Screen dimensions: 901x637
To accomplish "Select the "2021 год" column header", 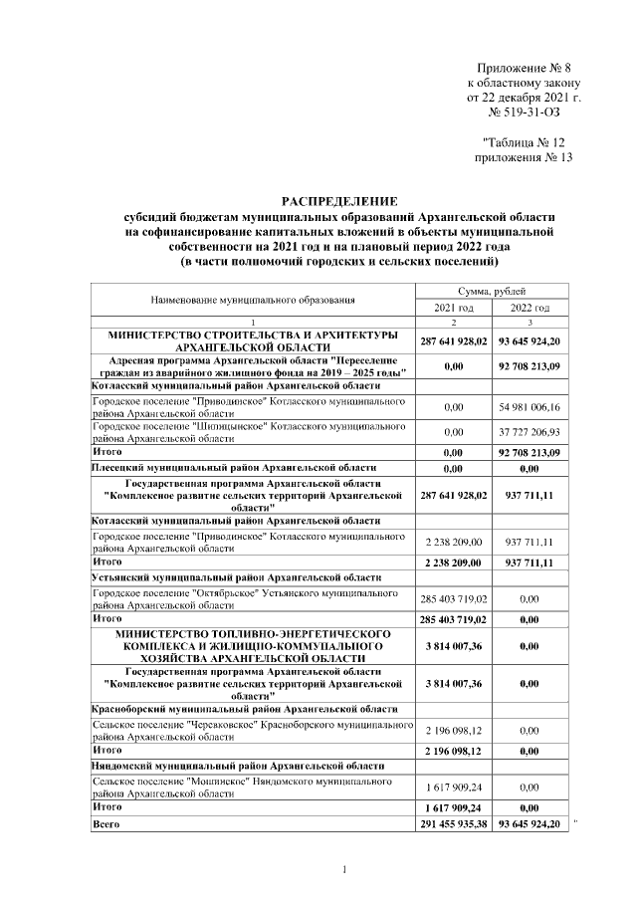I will pyautogui.click(x=453, y=307).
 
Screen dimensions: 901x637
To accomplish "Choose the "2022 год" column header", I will pyautogui.click(x=530, y=307).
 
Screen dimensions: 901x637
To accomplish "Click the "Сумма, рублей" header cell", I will pyautogui.click(x=492, y=290).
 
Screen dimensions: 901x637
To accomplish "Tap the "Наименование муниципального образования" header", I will pyautogui.click(x=253, y=299).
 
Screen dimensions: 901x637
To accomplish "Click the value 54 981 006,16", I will pyautogui.click(x=530, y=407).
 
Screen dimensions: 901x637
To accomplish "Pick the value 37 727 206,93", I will pyautogui.click(x=530, y=433).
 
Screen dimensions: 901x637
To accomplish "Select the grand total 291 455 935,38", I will pyautogui.click(x=453, y=825).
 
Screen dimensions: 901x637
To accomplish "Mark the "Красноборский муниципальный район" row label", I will pyautogui.click(x=240, y=709).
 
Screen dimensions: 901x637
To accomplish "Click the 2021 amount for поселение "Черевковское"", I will pyautogui.click(x=453, y=732).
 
